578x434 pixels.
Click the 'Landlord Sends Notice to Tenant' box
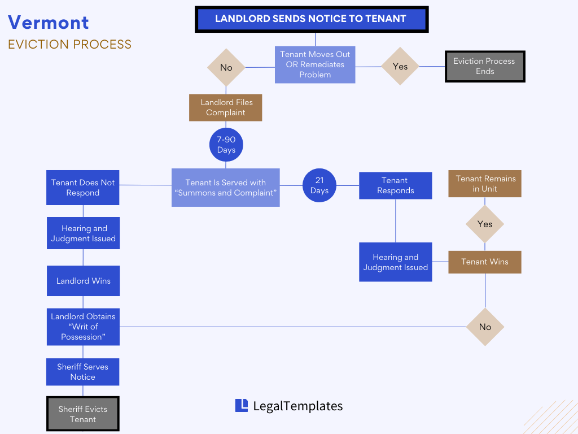tap(312, 19)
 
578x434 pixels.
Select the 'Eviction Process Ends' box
tap(485, 67)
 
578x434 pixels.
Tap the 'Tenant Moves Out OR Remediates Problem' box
tap(315, 64)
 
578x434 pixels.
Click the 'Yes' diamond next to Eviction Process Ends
tap(400, 67)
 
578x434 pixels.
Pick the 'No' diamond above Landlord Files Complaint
tap(226, 68)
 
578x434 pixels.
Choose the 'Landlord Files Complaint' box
tap(226, 107)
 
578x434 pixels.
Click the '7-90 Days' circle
tap(226, 145)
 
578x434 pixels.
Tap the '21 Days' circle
tap(319, 185)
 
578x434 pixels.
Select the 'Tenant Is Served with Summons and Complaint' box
tap(226, 188)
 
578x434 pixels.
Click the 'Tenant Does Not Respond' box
tap(83, 188)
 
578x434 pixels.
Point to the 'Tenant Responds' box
tap(395, 185)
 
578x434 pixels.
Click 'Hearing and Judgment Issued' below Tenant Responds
tap(395, 262)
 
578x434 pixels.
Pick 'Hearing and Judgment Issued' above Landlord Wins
tap(83, 233)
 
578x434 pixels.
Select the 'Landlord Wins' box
tap(83, 281)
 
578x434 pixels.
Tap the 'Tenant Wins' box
tap(485, 262)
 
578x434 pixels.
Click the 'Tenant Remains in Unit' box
tap(485, 184)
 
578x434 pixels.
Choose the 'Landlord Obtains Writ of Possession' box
tap(83, 327)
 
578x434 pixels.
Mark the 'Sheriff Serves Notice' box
tap(83, 372)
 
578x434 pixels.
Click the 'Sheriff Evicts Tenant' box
tap(83, 414)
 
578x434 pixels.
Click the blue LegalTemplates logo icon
tap(242, 405)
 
